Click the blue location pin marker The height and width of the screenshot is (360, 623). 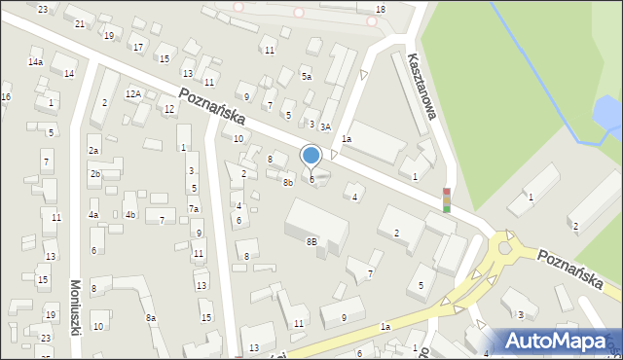(x=311, y=156)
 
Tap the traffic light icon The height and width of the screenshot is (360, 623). (x=446, y=199)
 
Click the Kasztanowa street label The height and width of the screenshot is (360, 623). (x=423, y=87)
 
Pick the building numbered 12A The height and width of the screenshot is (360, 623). (x=133, y=94)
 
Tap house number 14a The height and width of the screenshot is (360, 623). (x=35, y=62)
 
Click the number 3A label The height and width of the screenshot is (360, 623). (x=326, y=126)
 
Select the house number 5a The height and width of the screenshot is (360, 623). (x=306, y=77)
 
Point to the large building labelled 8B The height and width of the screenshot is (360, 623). (x=311, y=240)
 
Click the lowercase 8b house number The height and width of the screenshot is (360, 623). (x=288, y=182)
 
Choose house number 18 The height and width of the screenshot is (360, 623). (x=380, y=10)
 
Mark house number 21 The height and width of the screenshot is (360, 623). (x=80, y=23)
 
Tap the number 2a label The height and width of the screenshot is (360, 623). (x=94, y=151)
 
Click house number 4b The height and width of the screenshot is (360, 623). (x=129, y=214)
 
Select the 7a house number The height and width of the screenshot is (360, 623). (x=194, y=209)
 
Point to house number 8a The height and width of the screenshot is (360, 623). (x=151, y=317)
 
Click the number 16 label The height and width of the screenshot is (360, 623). (x=6, y=97)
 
